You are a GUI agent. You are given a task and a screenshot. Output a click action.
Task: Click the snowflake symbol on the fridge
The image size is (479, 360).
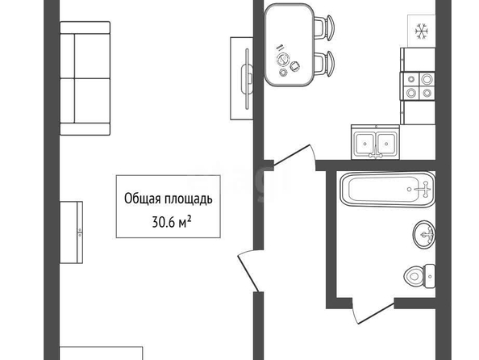(x=422, y=31)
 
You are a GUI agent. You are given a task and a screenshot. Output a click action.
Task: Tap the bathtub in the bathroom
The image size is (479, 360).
(x=388, y=190)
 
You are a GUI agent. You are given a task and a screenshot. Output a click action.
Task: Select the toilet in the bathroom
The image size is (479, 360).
(x=419, y=276)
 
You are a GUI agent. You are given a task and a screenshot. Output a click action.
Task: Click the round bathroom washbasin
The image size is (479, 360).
(x=424, y=235)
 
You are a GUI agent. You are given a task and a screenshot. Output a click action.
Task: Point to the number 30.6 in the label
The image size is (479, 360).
(x=164, y=222)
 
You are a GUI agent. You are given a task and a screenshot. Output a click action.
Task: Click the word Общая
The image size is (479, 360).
(x=143, y=199)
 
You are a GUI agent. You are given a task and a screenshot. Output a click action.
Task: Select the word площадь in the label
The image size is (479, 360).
(x=188, y=199)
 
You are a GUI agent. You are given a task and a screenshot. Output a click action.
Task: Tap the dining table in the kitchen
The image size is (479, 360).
(x=289, y=44)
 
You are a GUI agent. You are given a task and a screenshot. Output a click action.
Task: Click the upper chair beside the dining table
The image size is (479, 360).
(x=324, y=27)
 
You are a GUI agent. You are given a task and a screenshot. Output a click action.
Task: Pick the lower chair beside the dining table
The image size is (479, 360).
(x=324, y=64)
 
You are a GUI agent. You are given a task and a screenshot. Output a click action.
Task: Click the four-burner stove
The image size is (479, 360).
(x=418, y=86)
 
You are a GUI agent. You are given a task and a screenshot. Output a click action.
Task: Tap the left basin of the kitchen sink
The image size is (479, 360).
(x=364, y=144)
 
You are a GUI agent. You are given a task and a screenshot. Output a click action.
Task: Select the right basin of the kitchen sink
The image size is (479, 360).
(x=386, y=144)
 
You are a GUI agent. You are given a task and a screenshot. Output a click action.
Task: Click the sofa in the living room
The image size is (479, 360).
(x=85, y=78)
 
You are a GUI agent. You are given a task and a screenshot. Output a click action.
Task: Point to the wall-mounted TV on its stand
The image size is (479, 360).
(x=247, y=78)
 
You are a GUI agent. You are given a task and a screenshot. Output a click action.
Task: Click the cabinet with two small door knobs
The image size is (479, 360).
(x=71, y=232)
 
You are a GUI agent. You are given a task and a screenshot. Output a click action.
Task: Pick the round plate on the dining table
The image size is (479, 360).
(x=283, y=59)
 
